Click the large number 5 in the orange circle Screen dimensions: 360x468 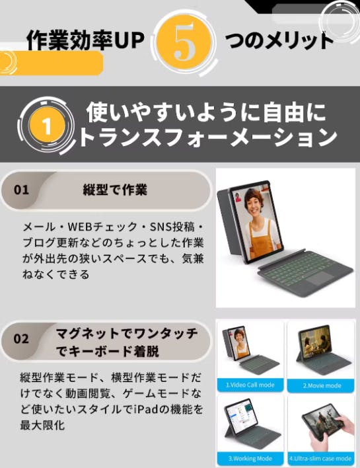(x=184, y=42)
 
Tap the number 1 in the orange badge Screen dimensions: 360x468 (x=47, y=126)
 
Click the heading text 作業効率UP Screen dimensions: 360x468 (x=86, y=40)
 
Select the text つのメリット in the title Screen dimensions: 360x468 (x=279, y=40)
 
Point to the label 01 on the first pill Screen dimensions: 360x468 (x=21, y=190)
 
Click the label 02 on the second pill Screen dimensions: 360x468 (x=21, y=339)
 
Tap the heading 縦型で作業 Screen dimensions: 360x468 (x=115, y=190)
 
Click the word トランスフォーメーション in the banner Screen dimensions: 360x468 (x=208, y=138)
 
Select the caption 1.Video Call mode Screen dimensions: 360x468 (x=250, y=385)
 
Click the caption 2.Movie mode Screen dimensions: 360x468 (x=322, y=385)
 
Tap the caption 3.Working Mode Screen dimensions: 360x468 (x=250, y=458)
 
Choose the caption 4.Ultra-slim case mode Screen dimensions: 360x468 (x=320, y=458)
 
